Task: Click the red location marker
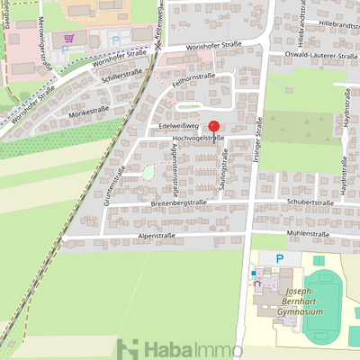coord(214,128)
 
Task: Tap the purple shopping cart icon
coord(69,39)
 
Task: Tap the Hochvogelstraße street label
coord(193,138)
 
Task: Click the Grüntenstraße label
coord(118,184)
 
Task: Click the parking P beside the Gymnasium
coord(279,258)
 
